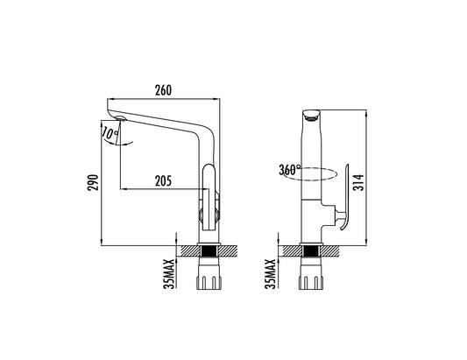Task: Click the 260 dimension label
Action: coord(163,90)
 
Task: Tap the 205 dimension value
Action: coord(163,181)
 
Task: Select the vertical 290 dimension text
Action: coord(93,182)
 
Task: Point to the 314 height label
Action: coord(359,182)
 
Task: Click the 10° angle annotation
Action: coord(110,133)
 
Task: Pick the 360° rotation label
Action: coord(290,170)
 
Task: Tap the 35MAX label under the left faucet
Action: coord(169,274)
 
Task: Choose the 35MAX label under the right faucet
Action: coord(271,274)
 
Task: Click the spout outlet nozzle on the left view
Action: coord(120,118)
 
